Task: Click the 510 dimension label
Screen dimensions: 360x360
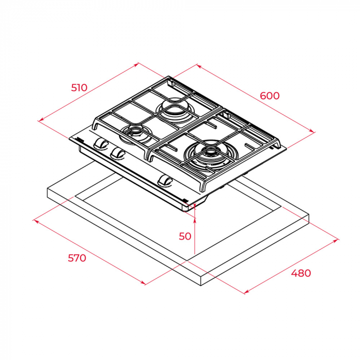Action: pos(79,88)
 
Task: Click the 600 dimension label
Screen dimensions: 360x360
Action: pos(270,96)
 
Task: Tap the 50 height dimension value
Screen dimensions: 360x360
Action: pos(185,236)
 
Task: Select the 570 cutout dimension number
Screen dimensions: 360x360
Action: pos(77,258)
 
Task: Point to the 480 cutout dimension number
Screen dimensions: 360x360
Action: pos(301,273)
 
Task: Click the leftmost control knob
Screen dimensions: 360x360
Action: pos(101,144)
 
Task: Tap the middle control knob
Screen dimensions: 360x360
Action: pos(117,153)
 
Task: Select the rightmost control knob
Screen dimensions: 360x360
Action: pos(165,180)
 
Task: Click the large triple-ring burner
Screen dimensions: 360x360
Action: pos(206,155)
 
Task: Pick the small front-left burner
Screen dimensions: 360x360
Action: pos(135,135)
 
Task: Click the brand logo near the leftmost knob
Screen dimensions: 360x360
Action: pos(80,139)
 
